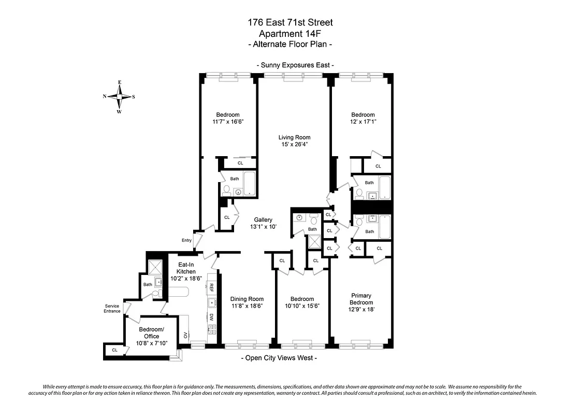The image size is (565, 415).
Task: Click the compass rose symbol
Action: [x=119, y=96]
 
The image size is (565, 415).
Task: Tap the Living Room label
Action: [x=294, y=137]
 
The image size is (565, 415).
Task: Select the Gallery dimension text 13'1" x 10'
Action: [x=263, y=227]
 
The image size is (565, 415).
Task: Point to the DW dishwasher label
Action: [x=211, y=317]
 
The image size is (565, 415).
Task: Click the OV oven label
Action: [x=185, y=335]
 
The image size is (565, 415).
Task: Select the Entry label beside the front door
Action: [x=186, y=240]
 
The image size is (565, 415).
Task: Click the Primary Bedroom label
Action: [x=361, y=299]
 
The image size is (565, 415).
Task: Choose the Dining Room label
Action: [x=247, y=299]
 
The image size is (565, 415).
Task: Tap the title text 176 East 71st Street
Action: [x=290, y=22]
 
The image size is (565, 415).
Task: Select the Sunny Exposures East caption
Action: [x=295, y=65]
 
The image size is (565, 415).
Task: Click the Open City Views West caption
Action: [x=279, y=358]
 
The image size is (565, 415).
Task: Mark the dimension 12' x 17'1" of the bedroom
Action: [x=363, y=122]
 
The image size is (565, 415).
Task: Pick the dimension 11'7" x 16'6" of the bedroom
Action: [x=228, y=122]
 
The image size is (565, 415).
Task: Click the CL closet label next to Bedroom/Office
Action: [x=114, y=350]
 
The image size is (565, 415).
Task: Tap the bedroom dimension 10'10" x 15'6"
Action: [x=302, y=306]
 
